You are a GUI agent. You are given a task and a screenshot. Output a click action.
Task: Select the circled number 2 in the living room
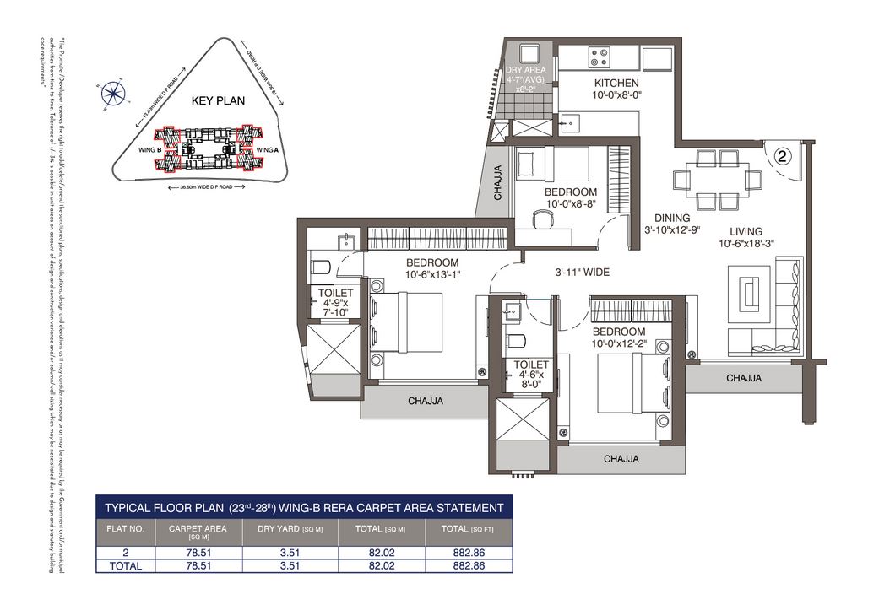(783, 155)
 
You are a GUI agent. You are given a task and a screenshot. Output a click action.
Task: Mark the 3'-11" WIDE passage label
(582, 273)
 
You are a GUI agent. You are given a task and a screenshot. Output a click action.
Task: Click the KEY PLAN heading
(218, 100)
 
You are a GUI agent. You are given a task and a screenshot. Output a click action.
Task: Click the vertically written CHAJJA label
(498, 182)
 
